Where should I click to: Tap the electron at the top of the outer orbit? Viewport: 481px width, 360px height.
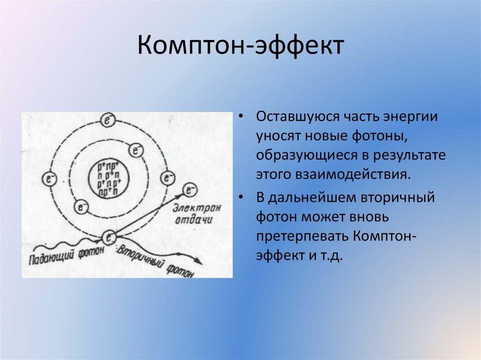[108, 121]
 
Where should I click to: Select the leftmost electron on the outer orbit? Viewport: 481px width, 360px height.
[49, 178]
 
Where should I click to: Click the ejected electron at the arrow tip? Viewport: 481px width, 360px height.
[190, 190]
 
